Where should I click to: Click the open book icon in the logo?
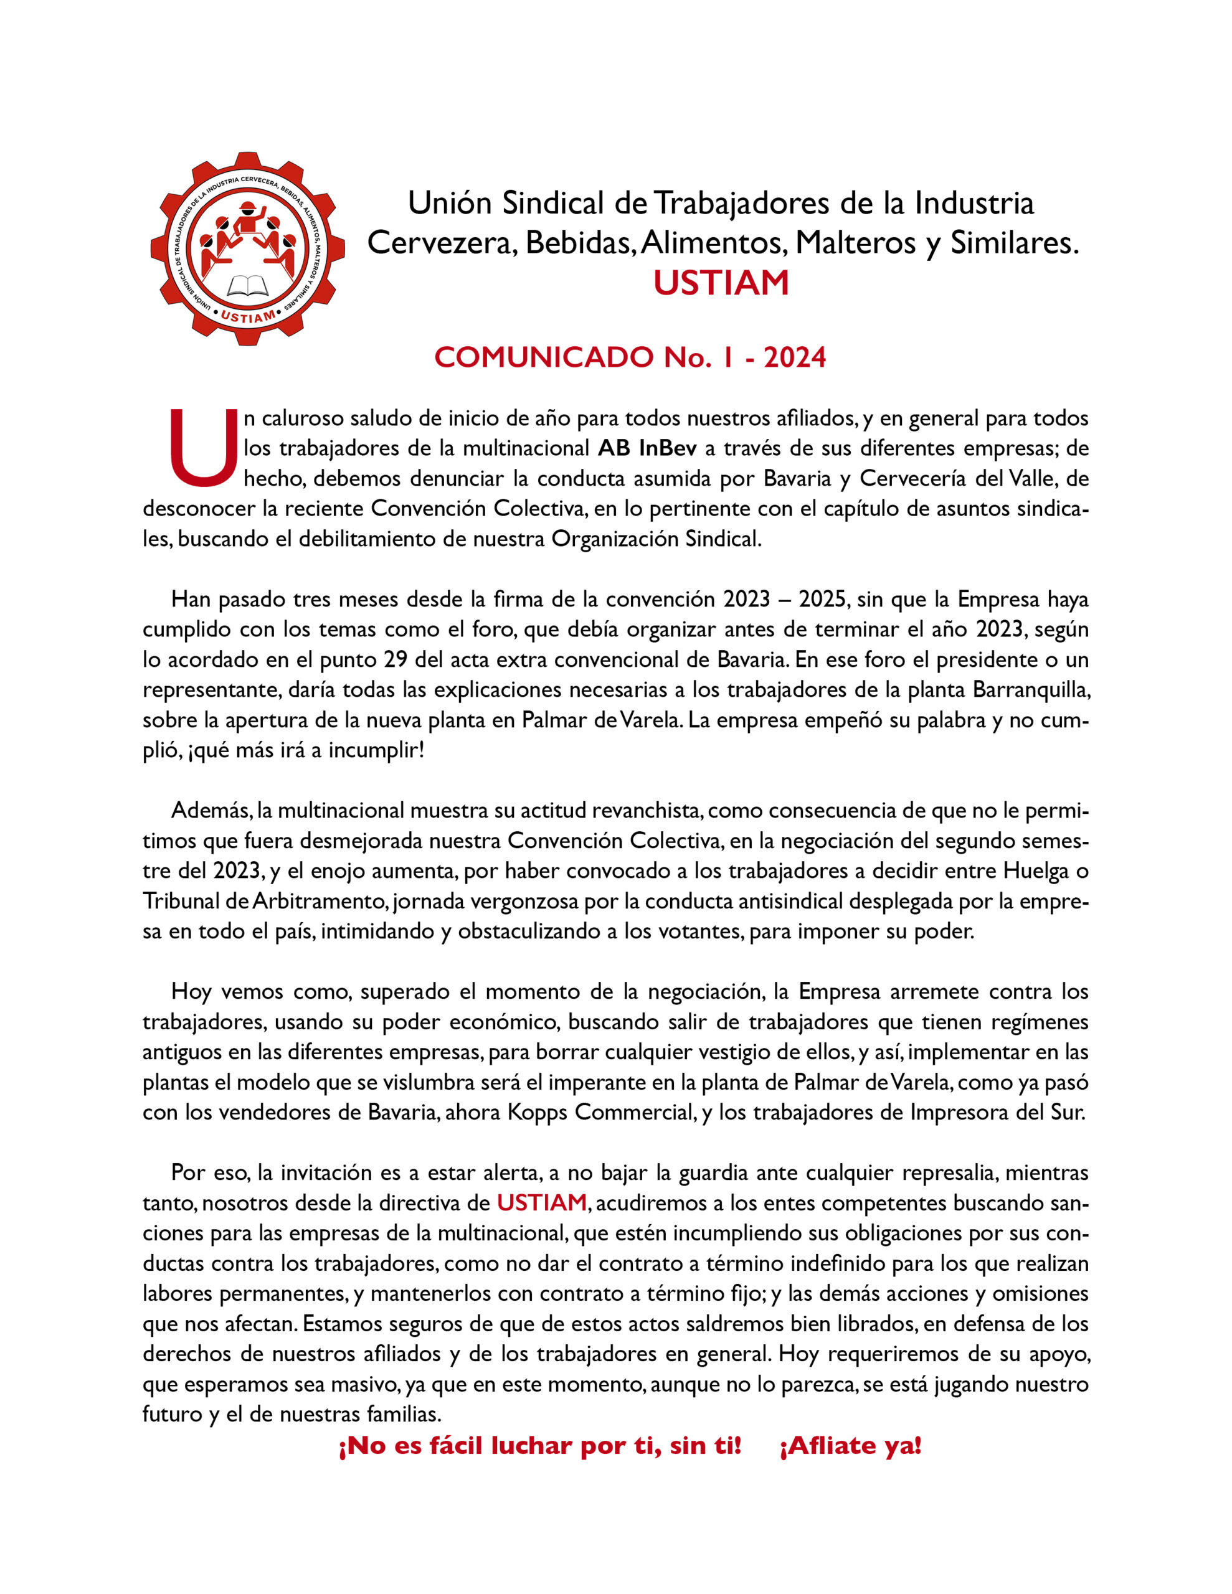coord(247,285)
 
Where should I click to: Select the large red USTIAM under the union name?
coord(721,283)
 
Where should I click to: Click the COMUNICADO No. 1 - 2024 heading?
coord(630,357)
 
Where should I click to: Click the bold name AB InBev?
coord(647,448)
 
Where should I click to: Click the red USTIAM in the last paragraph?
coord(542,1202)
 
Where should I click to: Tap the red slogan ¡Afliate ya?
coord(851,1446)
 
